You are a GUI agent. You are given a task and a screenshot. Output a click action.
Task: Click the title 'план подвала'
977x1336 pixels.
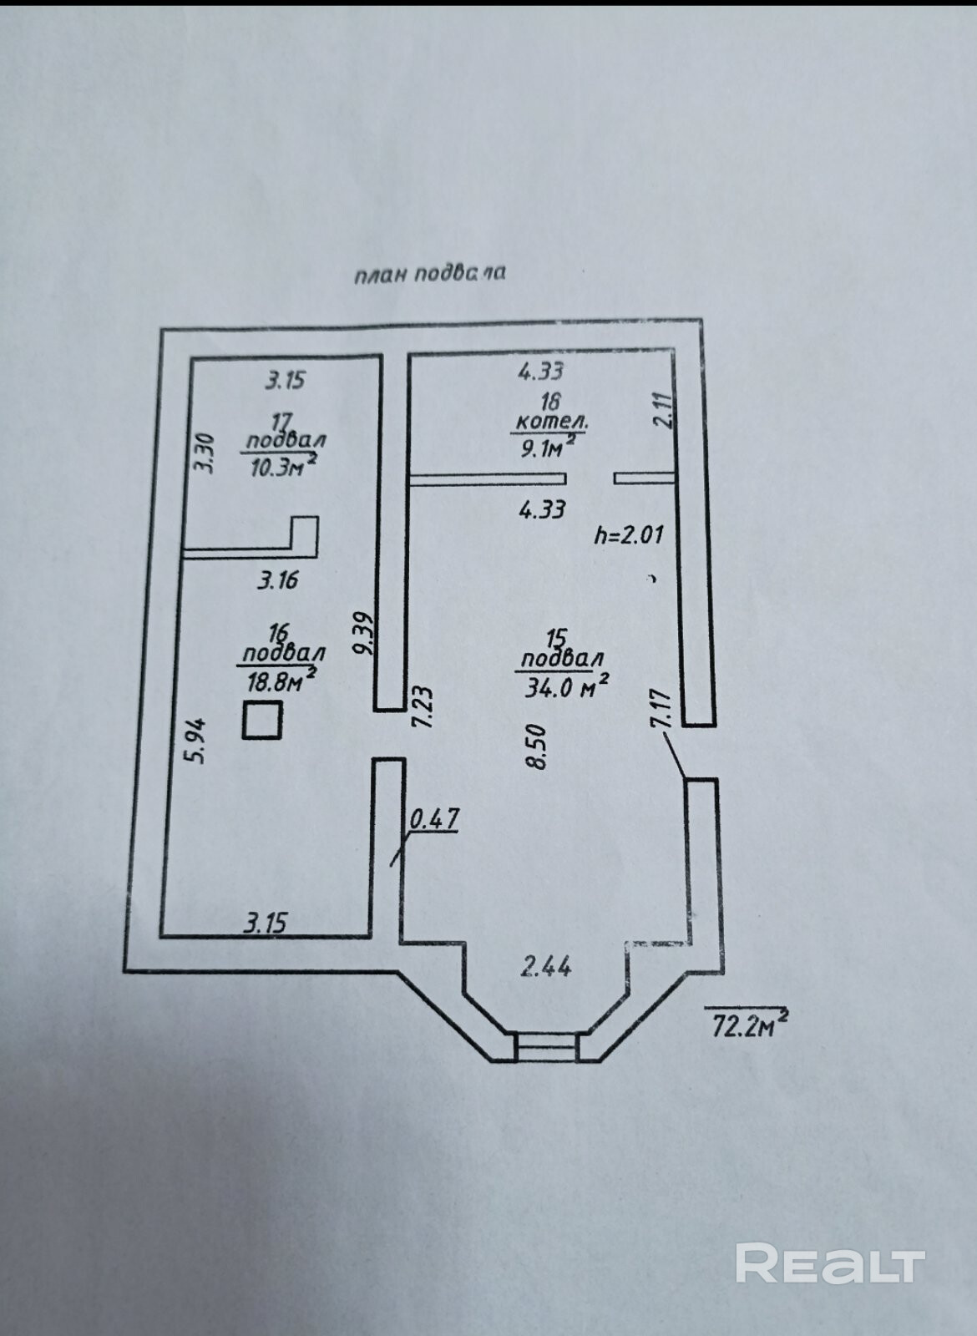coord(429,273)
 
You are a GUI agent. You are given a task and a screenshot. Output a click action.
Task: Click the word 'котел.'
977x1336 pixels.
coord(550,423)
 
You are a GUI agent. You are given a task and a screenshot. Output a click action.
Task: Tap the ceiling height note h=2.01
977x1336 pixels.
coord(629,534)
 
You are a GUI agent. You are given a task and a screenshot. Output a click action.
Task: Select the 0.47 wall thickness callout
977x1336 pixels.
coord(433,819)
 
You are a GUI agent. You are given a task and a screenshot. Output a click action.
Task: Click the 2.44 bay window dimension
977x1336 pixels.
coord(546,967)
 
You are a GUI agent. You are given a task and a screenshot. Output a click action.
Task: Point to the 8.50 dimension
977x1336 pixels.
coord(536,746)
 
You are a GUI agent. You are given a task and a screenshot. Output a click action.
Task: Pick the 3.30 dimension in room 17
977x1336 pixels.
coord(205,453)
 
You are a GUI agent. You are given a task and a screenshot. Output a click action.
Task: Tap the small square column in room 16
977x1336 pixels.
coord(262,721)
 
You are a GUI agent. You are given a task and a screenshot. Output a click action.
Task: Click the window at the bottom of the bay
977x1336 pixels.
coord(545,1046)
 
